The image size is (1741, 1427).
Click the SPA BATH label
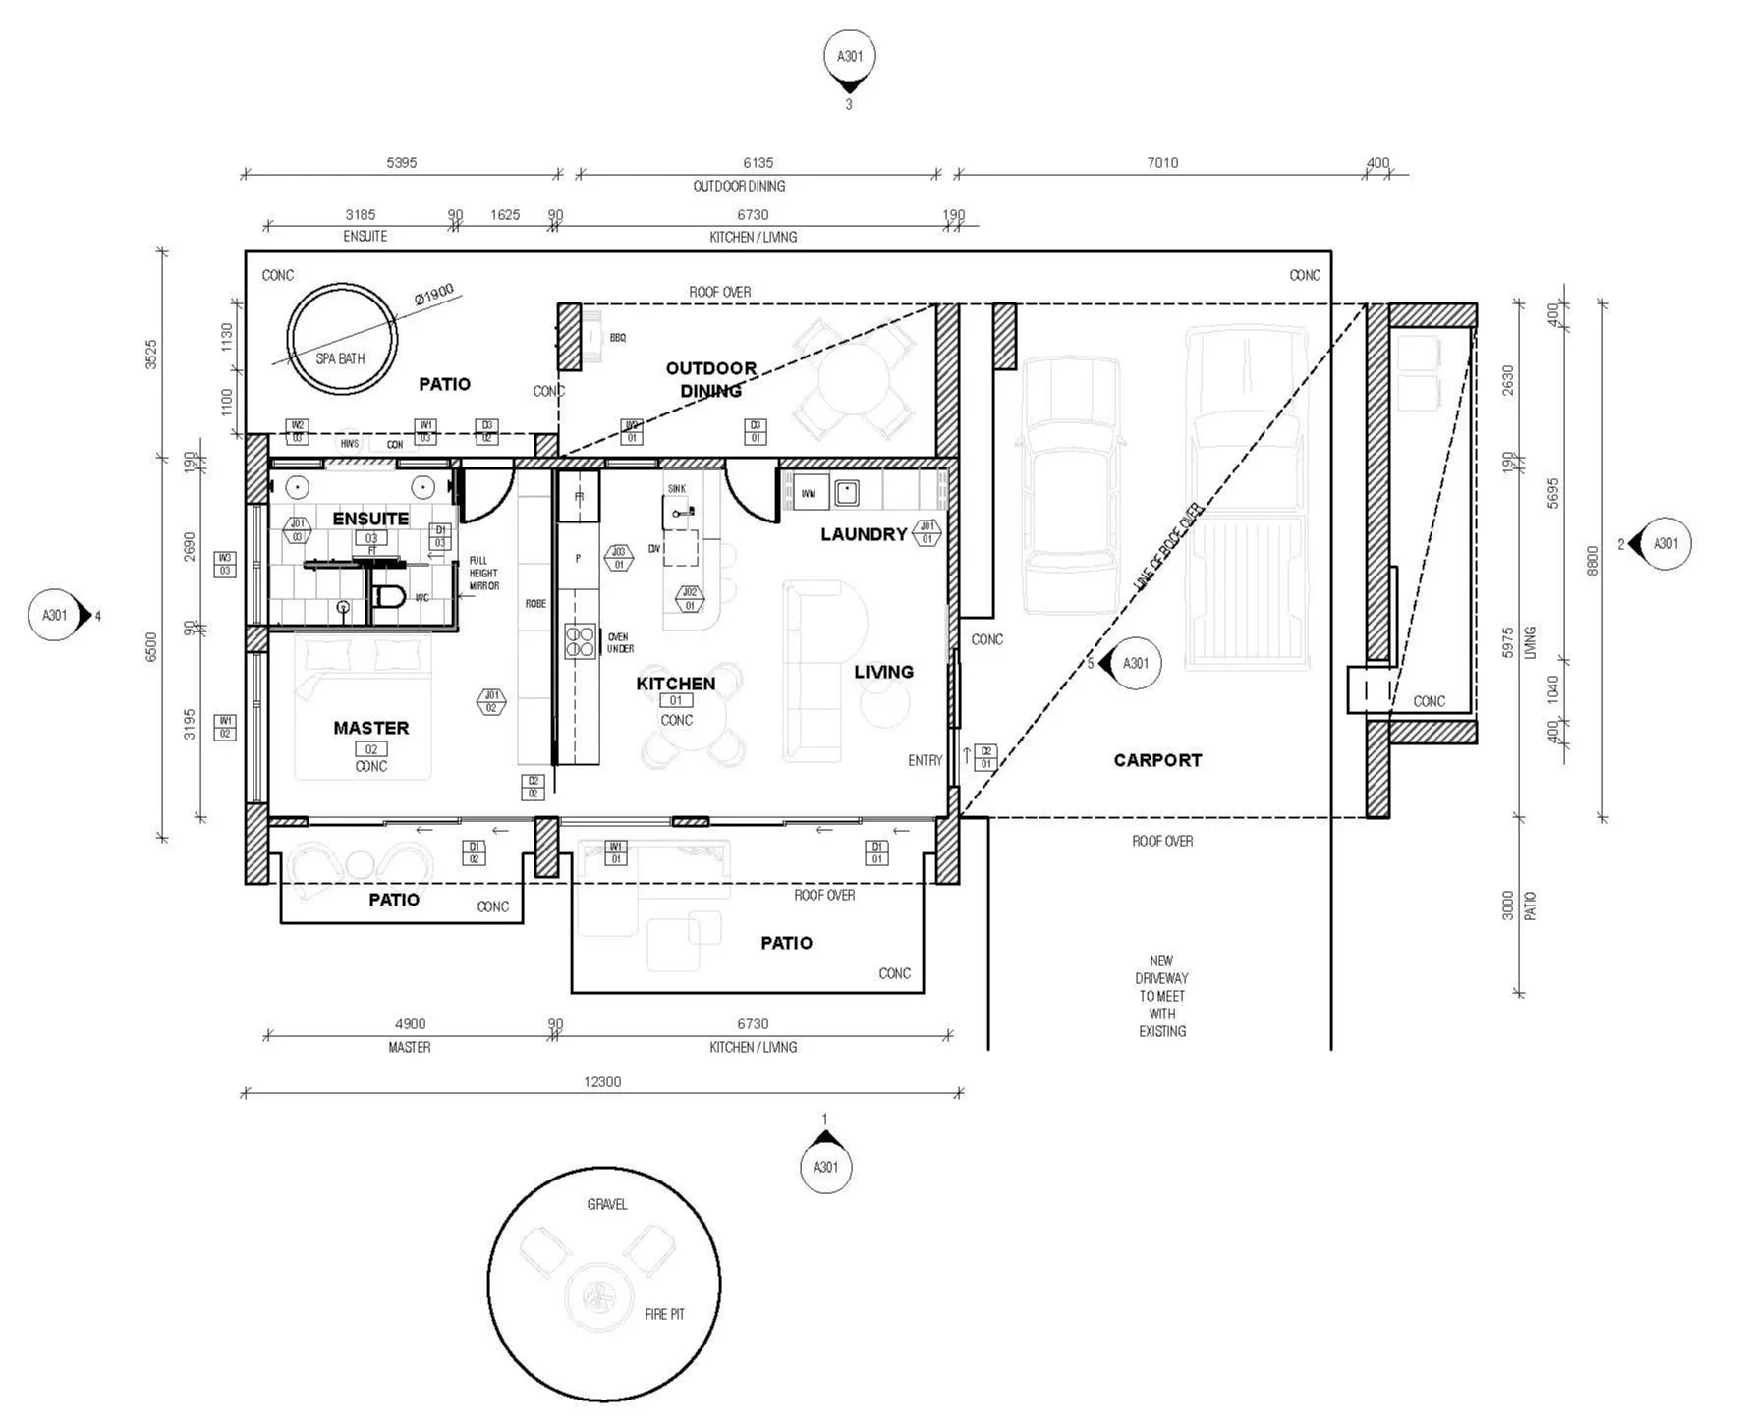340,358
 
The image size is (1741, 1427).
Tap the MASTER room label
370,728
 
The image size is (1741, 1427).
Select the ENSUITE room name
370,519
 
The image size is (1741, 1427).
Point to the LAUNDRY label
864,534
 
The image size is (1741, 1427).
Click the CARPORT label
1157,760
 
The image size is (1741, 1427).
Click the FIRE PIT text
664,1314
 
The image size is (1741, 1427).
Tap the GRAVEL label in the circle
606,1204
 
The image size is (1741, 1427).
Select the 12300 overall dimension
602,1081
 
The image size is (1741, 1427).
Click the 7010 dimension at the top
1162,163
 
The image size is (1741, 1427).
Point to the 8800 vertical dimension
1593,561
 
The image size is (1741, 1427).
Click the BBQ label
617,338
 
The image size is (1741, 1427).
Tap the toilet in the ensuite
390,596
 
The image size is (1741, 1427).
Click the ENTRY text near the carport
925,760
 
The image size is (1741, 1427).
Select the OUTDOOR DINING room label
710,379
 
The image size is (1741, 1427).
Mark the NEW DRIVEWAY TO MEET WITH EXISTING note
1161,996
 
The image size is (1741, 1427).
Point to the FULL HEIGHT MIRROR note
483,574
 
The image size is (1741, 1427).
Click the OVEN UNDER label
620,643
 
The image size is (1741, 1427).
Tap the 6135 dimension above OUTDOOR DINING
758,163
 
